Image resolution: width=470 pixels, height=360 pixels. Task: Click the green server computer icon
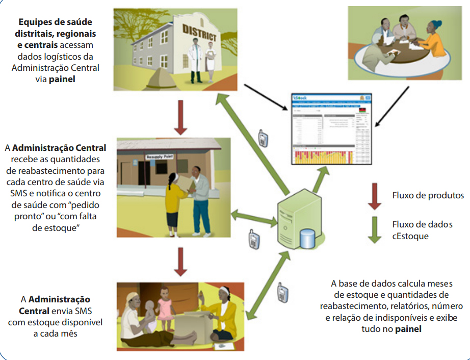[x=299, y=222]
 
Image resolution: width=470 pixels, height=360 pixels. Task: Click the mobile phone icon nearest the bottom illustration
[x=282, y=292]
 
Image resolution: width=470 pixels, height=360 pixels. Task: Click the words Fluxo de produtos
[x=421, y=195]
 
